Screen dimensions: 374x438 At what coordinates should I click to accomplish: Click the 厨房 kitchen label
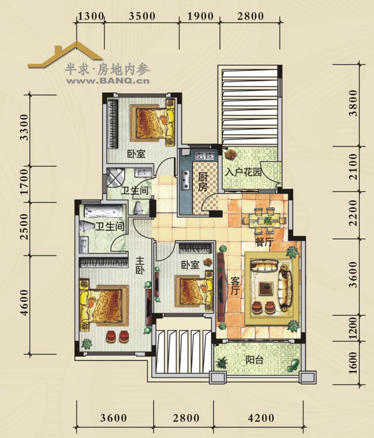pos(203,182)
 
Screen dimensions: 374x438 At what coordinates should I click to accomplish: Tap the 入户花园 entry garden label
pos(243,172)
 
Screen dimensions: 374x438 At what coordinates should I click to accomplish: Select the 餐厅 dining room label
pos(264,242)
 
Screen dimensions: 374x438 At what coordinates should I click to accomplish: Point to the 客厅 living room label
pos(235,286)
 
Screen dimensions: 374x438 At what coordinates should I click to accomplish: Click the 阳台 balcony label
pos(254,360)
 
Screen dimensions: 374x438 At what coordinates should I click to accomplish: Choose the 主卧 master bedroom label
pos(140,265)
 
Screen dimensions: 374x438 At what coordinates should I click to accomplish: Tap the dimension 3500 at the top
pos(142,16)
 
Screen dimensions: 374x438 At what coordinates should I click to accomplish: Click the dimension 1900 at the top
pos(200,16)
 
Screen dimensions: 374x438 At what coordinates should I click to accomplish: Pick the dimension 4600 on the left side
pos(25,302)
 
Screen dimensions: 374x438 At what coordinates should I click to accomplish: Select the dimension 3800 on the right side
pos(353,102)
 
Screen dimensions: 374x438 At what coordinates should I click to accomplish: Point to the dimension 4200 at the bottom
pos(261,418)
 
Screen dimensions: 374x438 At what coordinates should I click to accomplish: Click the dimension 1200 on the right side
pos(353,328)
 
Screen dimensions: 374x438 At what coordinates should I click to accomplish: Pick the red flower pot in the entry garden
pos(231,153)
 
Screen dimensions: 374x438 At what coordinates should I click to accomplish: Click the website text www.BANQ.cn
pos(108,81)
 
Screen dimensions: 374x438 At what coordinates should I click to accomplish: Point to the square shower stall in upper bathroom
pos(115,178)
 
